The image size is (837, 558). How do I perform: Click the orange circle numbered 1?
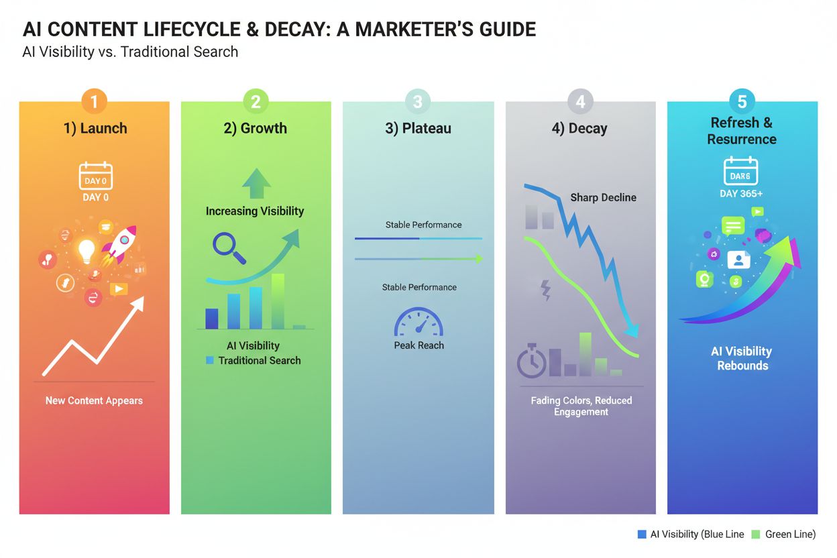pyautogui.click(x=95, y=101)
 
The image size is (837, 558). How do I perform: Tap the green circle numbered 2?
pyautogui.click(x=256, y=101)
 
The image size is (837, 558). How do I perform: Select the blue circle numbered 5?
pyautogui.click(x=742, y=101)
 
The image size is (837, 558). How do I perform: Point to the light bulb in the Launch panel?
pyautogui.click(x=87, y=251)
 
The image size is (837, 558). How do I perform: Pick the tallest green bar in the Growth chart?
pyautogui.click(x=277, y=301)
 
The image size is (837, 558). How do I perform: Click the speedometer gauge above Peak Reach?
pyautogui.click(x=418, y=323)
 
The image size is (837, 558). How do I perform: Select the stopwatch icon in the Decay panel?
pyautogui.click(x=531, y=361)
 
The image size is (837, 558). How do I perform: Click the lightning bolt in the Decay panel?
pyautogui.click(x=545, y=290)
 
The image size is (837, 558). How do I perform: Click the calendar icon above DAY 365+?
pyautogui.click(x=740, y=171)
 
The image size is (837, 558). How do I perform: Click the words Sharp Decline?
pyautogui.click(x=603, y=197)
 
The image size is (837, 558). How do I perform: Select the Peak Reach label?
pyautogui.click(x=418, y=345)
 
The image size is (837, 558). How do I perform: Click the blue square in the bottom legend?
pyautogui.click(x=642, y=534)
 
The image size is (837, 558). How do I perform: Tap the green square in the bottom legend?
pyautogui.click(x=755, y=534)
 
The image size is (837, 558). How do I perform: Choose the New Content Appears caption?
pyautogui.click(x=94, y=400)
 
